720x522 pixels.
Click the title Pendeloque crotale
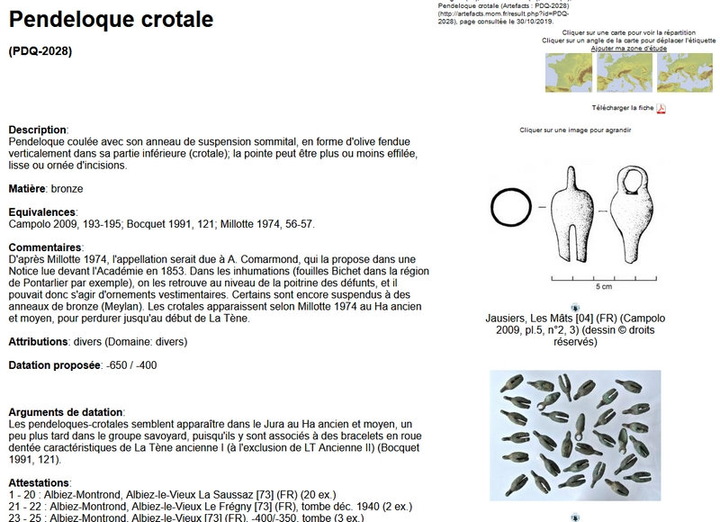tap(111, 20)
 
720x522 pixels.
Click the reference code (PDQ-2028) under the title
tap(40, 51)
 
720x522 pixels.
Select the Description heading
tap(38, 130)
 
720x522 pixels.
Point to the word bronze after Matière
tap(68, 189)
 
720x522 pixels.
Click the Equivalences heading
tap(41, 211)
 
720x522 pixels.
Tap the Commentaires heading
tap(45, 247)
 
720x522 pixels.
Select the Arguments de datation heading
tap(65, 411)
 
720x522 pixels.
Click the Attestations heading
tap(39, 482)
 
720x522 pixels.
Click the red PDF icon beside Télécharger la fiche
tap(661, 109)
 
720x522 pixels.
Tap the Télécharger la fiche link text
tap(622, 108)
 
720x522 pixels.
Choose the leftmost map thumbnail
tap(569, 73)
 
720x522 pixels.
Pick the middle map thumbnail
tap(624, 73)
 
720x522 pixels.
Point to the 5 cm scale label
tap(604, 287)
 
